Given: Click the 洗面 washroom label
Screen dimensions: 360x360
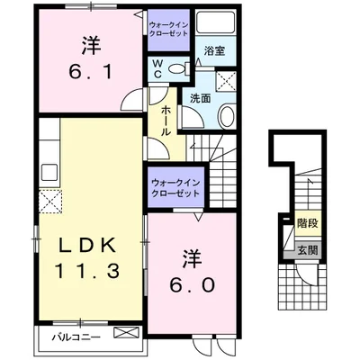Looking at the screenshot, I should point(200,98).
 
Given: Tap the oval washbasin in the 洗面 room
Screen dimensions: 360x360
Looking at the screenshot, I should point(225,116).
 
